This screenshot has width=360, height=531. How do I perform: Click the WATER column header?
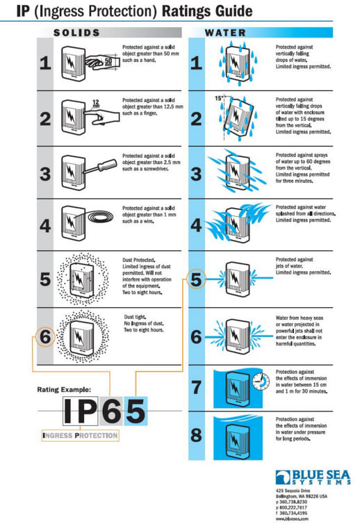click(225, 33)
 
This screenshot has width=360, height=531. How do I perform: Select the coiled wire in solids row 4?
click(105, 219)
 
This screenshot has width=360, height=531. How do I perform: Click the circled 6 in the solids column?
click(44, 336)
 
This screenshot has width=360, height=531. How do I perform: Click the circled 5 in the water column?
click(196, 281)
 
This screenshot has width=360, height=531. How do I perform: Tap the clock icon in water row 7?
click(260, 380)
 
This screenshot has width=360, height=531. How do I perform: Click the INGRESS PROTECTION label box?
click(79, 436)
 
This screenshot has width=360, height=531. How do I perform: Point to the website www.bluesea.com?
click(292, 518)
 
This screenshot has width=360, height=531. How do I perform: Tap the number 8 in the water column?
click(196, 436)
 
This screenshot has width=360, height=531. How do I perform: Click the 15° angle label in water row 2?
click(220, 99)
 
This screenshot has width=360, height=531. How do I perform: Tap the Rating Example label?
click(63, 391)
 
